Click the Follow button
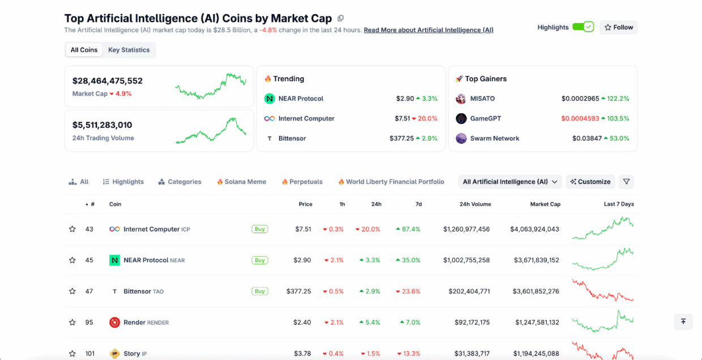(618, 27)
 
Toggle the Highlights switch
(583, 27)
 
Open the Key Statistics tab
(129, 50)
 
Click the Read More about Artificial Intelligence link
(428, 30)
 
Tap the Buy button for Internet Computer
(260, 229)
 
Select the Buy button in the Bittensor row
(260, 292)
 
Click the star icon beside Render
(72, 323)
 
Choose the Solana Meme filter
(241, 182)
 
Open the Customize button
(590, 182)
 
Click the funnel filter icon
(626, 182)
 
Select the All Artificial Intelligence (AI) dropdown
(510, 182)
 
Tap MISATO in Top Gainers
(482, 98)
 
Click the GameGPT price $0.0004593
(580, 118)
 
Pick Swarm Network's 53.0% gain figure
(618, 138)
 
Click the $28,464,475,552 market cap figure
(108, 81)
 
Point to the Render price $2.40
(302, 323)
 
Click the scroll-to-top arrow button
(683, 322)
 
